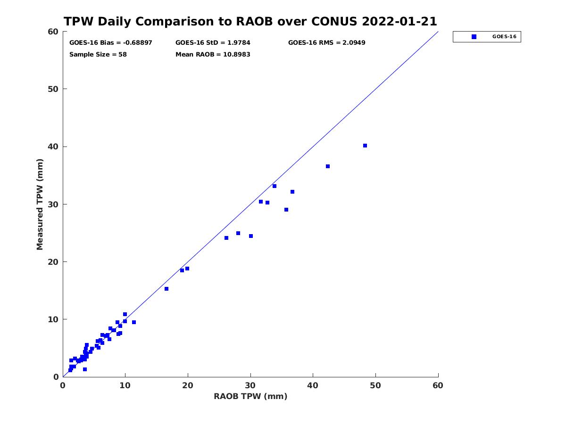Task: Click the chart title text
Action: pos(250,21)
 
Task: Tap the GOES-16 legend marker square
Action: pos(474,37)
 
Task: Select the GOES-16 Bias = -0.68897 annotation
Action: pos(111,43)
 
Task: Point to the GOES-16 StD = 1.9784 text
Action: pos(213,43)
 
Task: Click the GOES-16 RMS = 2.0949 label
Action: pos(327,43)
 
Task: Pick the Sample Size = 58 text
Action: pos(98,55)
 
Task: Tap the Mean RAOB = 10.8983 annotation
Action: pos(213,55)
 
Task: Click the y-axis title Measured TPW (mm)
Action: pos(40,204)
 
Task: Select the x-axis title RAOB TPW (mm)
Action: pos(250,396)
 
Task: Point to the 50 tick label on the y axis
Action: pos(53,89)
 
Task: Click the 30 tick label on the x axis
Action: pos(250,385)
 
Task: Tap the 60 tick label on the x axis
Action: pos(438,385)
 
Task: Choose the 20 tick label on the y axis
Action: pos(53,262)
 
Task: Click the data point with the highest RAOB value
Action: pos(365,146)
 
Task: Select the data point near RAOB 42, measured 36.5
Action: pos(328,166)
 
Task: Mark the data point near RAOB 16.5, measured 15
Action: pos(166,289)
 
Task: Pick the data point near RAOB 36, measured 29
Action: pos(286,210)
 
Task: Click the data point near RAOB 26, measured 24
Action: pos(226,238)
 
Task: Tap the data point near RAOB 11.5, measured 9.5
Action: pos(134,322)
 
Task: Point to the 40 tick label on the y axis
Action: pos(53,147)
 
